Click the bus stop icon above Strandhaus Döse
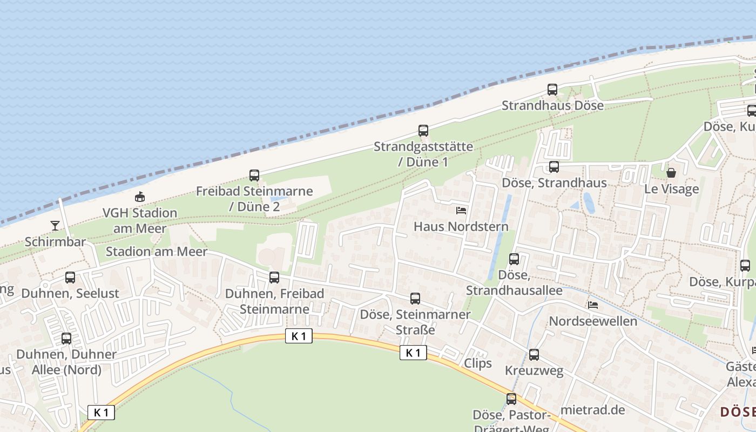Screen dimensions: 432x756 [x=552, y=90]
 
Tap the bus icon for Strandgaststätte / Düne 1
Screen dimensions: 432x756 [x=423, y=131]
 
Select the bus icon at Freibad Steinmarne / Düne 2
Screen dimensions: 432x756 [x=254, y=175]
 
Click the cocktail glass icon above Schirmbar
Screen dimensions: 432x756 [x=55, y=226]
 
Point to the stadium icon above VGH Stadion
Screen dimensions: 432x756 [x=140, y=197]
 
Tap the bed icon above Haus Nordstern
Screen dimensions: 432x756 [x=461, y=210]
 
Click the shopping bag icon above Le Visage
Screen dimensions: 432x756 [x=671, y=173]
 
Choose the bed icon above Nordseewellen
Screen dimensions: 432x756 [x=593, y=305]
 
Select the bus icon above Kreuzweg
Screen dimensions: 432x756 [x=534, y=355]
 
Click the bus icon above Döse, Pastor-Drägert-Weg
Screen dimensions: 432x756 [x=511, y=399]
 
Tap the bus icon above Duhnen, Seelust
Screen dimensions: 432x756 [x=70, y=278]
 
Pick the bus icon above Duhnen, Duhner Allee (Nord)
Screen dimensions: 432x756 [x=66, y=339]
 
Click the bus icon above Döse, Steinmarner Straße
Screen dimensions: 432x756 [x=415, y=299]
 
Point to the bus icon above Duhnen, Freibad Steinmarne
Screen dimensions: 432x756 [x=274, y=278]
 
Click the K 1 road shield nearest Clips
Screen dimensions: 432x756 [x=413, y=353]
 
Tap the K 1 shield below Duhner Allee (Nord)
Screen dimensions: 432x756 [x=101, y=413]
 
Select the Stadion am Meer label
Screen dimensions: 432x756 [x=156, y=252]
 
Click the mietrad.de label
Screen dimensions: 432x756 [x=593, y=410]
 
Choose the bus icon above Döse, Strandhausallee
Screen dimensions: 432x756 [x=514, y=259]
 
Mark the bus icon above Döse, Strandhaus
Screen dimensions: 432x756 [x=554, y=167]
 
